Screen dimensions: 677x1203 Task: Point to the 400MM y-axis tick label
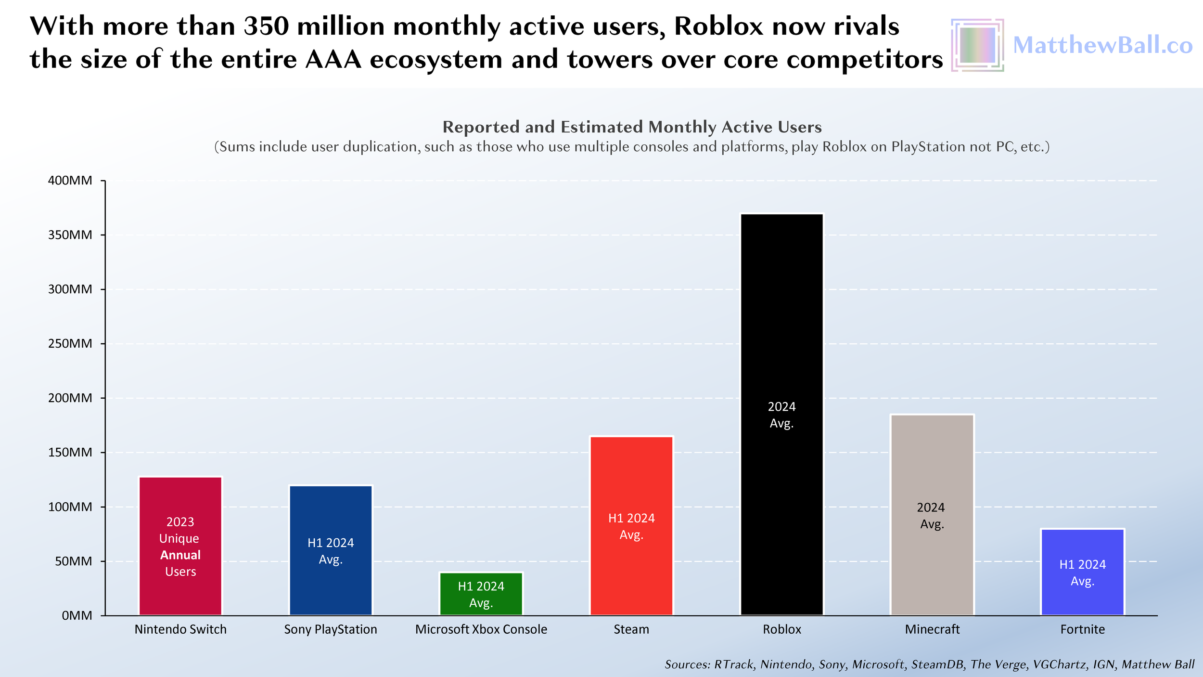click(x=70, y=181)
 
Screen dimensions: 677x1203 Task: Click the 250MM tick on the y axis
click(x=70, y=344)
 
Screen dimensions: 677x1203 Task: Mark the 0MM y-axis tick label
click(x=77, y=616)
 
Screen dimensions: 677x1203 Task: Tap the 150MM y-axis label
click(x=70, y=453)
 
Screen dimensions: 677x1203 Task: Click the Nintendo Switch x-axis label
click(x=180, y=629)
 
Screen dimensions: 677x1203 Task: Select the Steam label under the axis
click(x=631, y=629)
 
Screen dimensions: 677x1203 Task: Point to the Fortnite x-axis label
click(x=1082, y=629)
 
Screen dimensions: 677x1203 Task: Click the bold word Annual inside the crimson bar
click(x=180, y=555)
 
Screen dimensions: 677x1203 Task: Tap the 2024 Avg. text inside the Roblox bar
click(x=781, y=415)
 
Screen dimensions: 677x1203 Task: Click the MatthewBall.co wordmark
click(x=1102, y=45)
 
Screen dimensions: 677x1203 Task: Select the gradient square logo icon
click(x=977, y=45)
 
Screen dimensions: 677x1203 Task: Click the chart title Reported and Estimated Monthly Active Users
click(x=632, y=127)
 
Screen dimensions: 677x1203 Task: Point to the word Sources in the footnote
click(x=687, y=664)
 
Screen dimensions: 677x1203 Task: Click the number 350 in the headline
click(x=266, y=26)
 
